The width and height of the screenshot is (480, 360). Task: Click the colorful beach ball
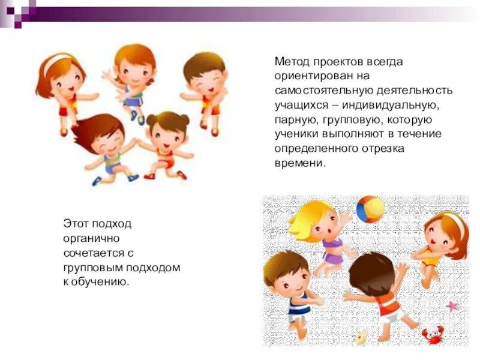point(370,209)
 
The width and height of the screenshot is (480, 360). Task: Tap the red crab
point(433,333)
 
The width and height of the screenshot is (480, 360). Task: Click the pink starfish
point(451,306)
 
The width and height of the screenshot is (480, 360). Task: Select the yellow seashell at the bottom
point(361,337)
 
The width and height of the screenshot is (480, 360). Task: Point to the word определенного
point(318,148)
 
